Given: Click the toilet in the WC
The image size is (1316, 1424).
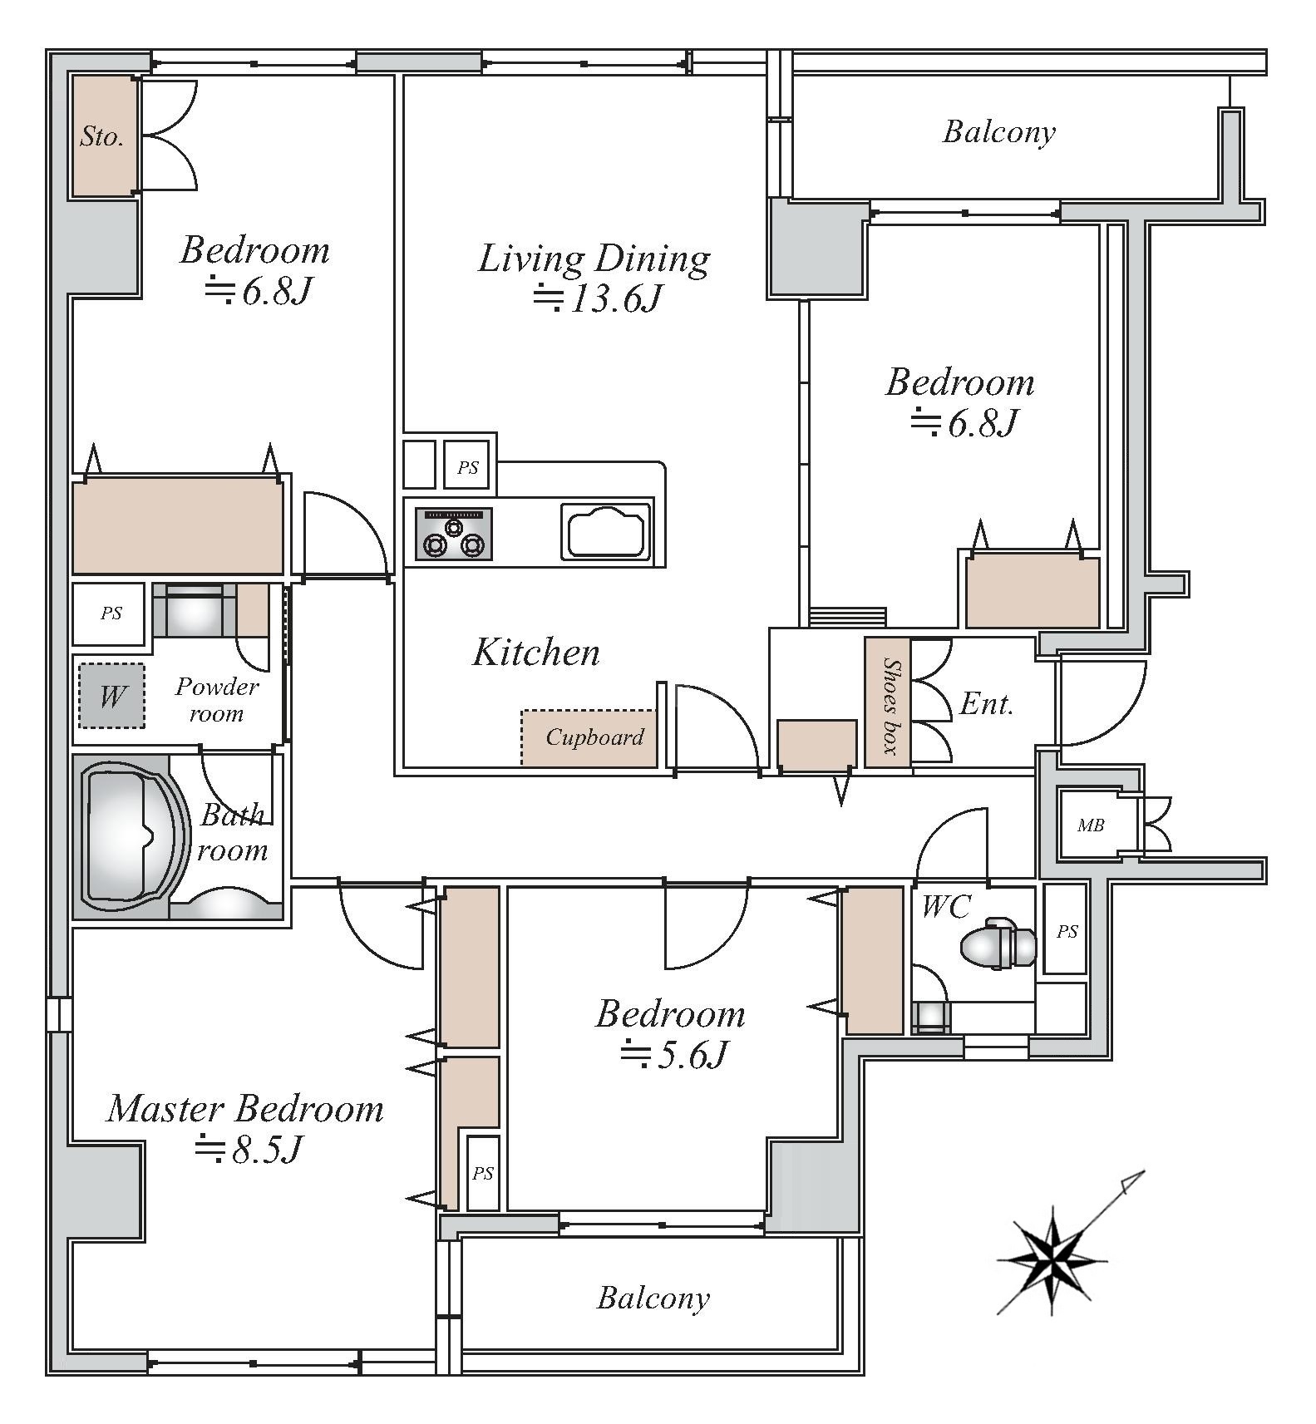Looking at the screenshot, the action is pos(998,944).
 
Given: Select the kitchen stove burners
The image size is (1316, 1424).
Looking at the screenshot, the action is pos(454,534).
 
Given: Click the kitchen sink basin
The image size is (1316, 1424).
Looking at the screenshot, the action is pos(605,530).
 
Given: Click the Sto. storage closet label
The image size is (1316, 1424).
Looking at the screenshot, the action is pos(102,136).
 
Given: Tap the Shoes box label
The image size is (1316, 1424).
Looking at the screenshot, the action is pos(890,705).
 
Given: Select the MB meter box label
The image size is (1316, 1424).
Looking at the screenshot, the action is pos(1091,825).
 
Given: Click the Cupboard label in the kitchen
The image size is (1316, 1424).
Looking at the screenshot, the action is pos(595,737).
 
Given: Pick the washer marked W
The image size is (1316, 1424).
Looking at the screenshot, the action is pos(111,696).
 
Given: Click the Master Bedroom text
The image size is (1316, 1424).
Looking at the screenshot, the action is pos(245,1109).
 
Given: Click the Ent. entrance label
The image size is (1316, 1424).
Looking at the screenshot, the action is pos(987,704).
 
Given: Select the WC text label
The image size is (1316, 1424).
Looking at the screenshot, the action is pos(946,906).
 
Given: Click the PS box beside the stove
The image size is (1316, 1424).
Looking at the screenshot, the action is pos(468,467).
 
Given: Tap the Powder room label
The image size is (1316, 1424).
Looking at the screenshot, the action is pos(217,700).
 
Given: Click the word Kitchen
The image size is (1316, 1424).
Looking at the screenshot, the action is pos(536,653).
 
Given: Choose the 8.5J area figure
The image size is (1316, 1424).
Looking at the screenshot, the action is pos(247,1150).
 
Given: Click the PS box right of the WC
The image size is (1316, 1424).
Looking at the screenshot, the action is pos(1067,931).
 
